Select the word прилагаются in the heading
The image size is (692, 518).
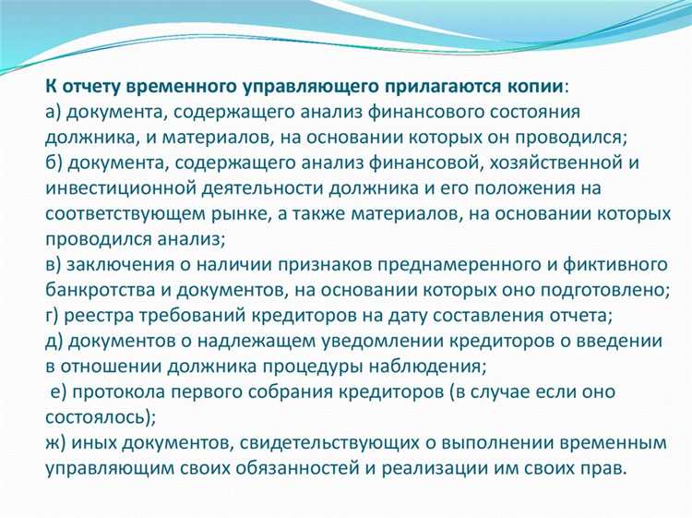click(x=407, y=86)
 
